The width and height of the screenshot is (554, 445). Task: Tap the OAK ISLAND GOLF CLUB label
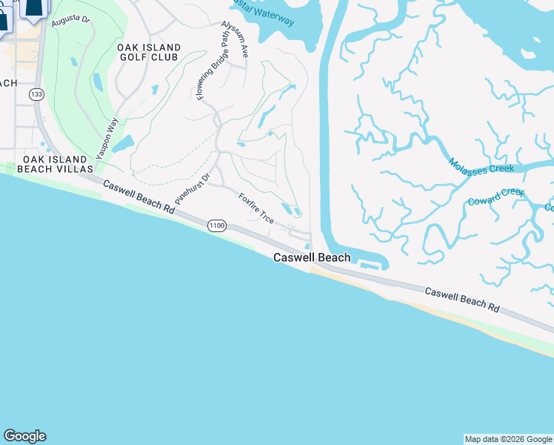[x=148, y=52]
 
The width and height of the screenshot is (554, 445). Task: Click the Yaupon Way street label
[x=107, y=138]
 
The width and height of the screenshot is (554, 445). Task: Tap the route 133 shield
[x=36, y=94]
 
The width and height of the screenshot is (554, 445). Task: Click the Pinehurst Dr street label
[x=193, y=188]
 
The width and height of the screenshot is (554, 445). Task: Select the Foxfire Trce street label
[x=256, y=209]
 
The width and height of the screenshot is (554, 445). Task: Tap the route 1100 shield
[x=216, y=225]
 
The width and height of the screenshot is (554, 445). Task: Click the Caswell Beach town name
[x=312, y=258]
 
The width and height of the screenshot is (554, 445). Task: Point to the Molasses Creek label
[x=481, y=165]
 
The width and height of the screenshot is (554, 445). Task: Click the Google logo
[x=24, y=436]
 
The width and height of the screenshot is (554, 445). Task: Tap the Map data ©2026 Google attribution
[x=508, y=439]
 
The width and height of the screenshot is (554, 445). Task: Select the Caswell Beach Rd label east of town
[x=462, y=298]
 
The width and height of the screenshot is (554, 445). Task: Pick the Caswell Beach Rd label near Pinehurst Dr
[x=138, y=197]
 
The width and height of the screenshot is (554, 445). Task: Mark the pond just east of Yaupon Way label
[x=125, y=140]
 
